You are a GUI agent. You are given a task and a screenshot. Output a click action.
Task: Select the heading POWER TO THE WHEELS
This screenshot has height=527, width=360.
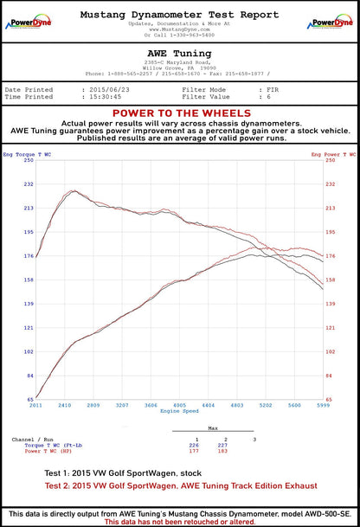coord(179,113)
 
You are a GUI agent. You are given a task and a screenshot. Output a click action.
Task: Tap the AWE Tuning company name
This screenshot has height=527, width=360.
coord(179,53)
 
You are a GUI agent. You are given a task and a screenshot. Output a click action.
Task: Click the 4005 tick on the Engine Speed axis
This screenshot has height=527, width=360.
coord(179,405)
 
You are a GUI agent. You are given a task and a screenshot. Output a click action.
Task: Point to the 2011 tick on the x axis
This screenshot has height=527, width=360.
coord(36,405)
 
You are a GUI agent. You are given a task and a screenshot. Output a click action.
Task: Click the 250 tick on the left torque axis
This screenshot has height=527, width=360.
coord(29,160)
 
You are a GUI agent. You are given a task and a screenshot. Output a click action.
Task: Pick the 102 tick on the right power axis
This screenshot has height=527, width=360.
coord(329,351)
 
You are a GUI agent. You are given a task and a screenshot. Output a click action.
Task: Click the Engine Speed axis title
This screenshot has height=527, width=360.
coord(179,411)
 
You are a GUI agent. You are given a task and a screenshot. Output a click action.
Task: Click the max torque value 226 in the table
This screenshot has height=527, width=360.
coord(194,445)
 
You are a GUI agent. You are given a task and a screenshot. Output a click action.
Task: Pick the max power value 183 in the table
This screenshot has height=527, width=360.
coord(223,451)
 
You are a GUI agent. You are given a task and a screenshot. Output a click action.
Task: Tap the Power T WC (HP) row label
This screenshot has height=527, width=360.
coord(48,451)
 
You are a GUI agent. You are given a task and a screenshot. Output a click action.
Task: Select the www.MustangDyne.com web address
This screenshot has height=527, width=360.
coord(179,29)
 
